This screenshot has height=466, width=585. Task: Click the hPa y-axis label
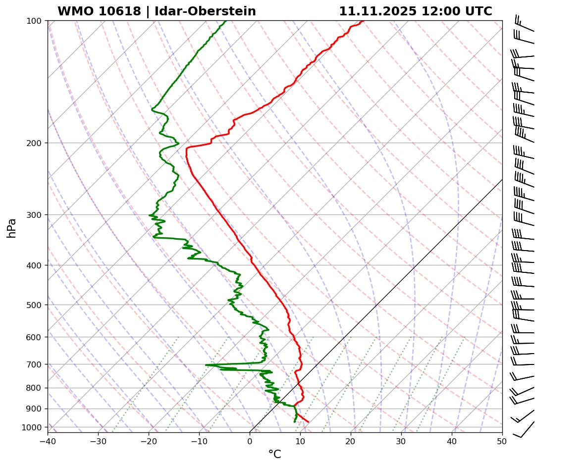pyautogui.click(x=12, y=228)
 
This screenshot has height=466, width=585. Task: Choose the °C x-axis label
pyautogui.click(x=274, y=454)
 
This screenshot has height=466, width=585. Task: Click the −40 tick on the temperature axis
pyautogui.click(x=48, y=440)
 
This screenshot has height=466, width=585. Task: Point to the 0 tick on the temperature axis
pyautogui.click(x=250, y=440)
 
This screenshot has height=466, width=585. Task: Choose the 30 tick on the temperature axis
pyautogui.click(x=401, y=440)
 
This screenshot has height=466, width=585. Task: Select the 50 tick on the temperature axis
pyautogui.click(x=502, y=440)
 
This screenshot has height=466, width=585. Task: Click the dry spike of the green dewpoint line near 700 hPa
pyautogui.click(x=207, y=365)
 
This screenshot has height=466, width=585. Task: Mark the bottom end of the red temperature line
pyautogui.click(x=308, y=422)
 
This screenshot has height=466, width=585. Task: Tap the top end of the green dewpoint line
pyautogui.click(x=226, y=21)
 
